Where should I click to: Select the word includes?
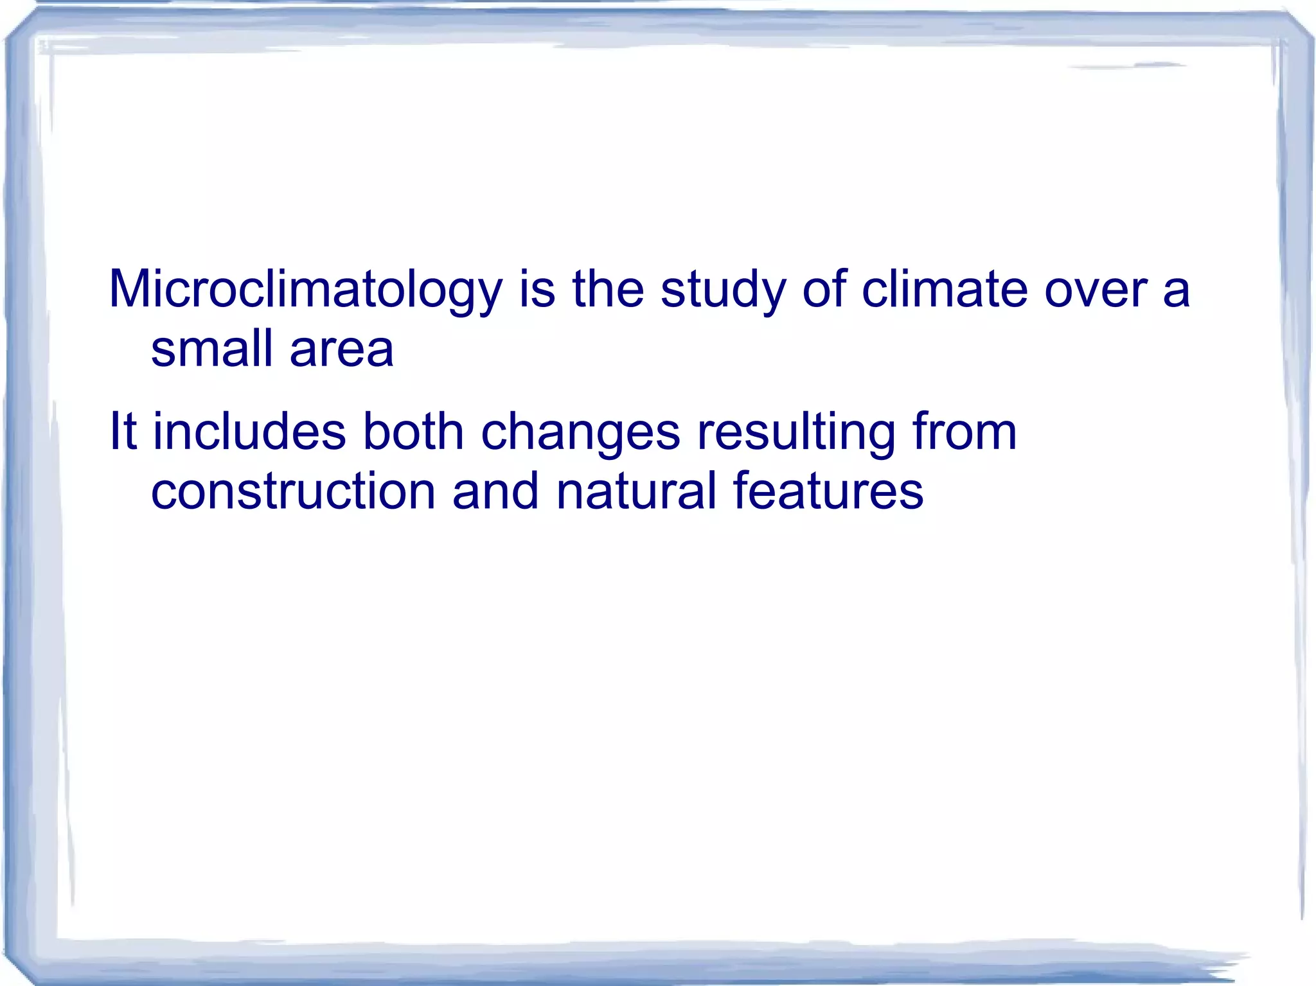click(x=250, y=431)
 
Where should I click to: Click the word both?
click(x=413, y=431)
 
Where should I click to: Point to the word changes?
click(x=580, y=432)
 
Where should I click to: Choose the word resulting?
click(x=796, y=432)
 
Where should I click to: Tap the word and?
click(x=495, y=491)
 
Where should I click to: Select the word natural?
click(x=636, y=491)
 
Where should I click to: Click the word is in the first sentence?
click(x=537, y=289)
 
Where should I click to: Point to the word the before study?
click(x=608, y=289)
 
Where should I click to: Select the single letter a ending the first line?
click(x=1177, y=292)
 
